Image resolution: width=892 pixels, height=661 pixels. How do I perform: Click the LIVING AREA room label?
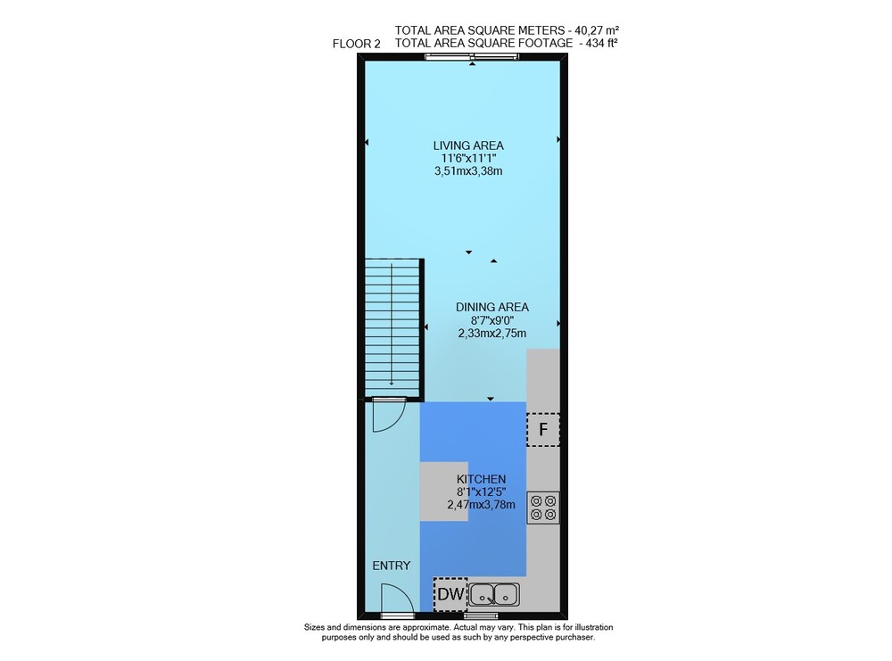click(x=468, y=145)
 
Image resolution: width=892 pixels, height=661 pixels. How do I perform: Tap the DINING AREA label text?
click(x=492, y=307)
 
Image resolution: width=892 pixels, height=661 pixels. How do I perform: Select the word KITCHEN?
click(x=482, y=480)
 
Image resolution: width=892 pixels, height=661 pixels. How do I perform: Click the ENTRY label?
click(x=392, y=566)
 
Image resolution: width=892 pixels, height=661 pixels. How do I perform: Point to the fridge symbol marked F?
click(x=543, y=429)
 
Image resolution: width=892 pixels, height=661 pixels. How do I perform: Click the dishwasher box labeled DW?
click(x=450, y=594)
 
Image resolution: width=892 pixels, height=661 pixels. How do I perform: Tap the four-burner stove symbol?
click(x=543, y=508)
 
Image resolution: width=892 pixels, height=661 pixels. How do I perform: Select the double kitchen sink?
click(x=494, y=595)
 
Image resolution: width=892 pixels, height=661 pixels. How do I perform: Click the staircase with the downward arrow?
click(x=392, y=329)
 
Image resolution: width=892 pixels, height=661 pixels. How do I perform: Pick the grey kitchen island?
click(x=443, y=492)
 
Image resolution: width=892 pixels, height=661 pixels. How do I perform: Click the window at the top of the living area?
click(x=472, y=55)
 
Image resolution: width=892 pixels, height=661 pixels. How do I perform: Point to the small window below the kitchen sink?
click(x=481, y=616)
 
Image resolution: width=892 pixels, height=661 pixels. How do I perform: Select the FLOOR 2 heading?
click(x=357, y=44)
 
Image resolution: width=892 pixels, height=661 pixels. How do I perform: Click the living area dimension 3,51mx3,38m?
click(x=468, y=171)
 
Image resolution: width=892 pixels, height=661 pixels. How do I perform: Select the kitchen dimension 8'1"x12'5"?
click(x=482, y=492)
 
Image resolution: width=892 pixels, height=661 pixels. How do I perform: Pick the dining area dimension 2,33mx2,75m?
click(x=492, y=334)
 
